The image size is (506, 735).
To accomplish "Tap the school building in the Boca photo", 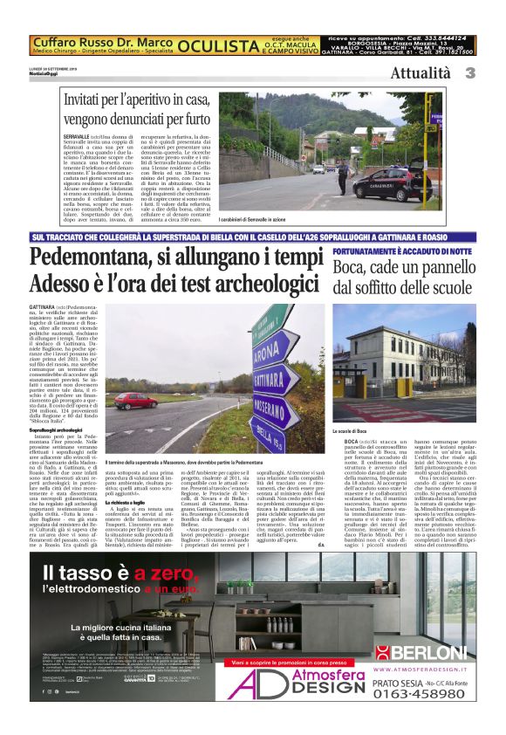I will point(410,367).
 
